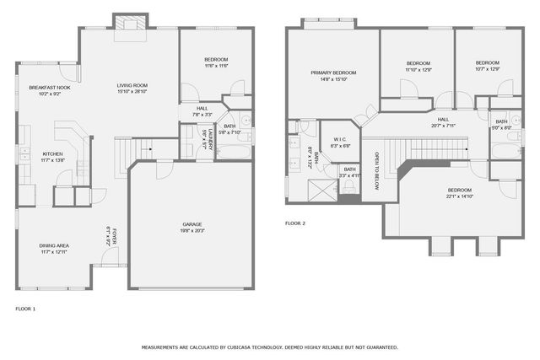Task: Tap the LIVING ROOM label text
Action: [132, 85]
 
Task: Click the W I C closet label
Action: [340, 139]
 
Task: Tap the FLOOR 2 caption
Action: [295, 223]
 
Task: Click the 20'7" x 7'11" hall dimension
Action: [443, 126]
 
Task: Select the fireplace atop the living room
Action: [130, 23]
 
